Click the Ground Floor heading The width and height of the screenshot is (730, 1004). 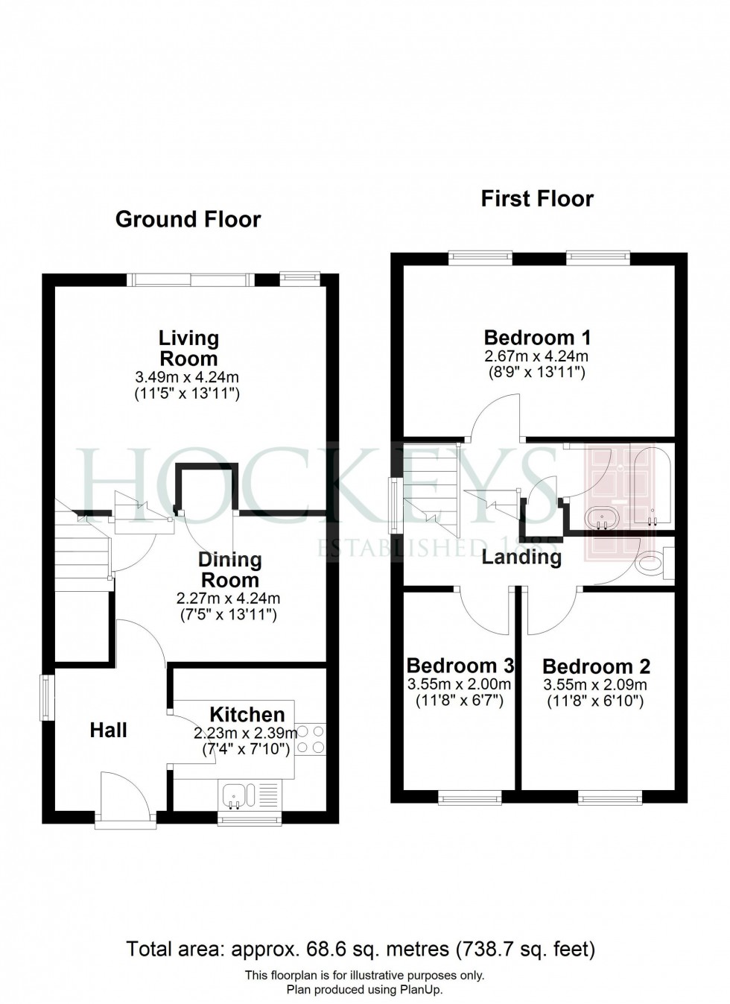point(188,219)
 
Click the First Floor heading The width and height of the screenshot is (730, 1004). point(537,199)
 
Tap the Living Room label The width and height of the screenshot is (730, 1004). point(188,348)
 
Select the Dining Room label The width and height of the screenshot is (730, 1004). point(229,569)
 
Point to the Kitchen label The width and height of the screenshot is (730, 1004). point(247,715)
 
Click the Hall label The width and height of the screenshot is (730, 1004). point(108,730)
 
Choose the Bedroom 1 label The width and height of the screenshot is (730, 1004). point(537,337)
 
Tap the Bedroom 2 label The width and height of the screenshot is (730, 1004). point(596,666)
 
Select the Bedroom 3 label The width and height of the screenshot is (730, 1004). point(460,665)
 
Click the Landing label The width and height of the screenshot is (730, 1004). point(521,557)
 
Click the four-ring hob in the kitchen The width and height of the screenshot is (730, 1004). point(311,739)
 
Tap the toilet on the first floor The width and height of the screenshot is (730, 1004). point(652,563)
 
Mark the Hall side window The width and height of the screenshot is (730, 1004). point(48,698)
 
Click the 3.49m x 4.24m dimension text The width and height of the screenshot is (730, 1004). point(187,377)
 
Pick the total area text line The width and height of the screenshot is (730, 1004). point(361,950)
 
